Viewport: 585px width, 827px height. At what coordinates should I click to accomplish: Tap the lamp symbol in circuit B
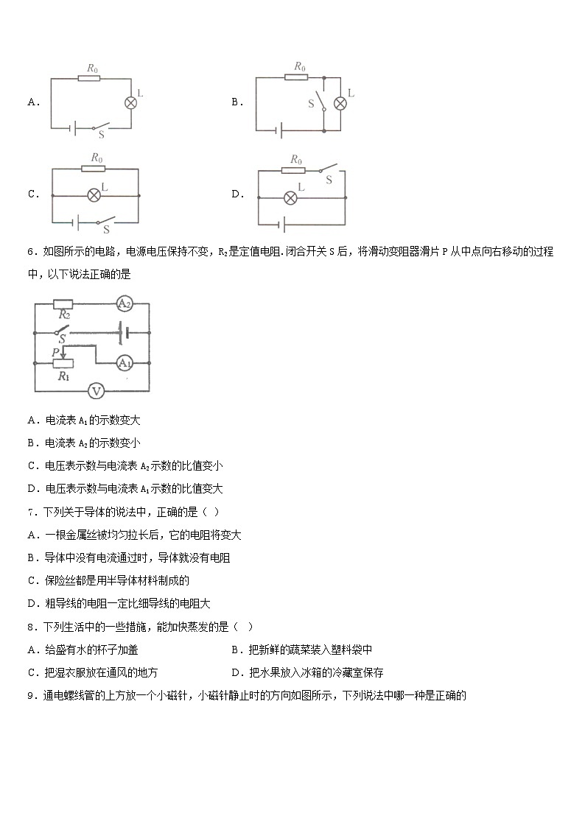click(340, 103)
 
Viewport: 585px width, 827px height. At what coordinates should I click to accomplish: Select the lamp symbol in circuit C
click(94, 195)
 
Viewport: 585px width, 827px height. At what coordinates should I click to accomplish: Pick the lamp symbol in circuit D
click(290, 197)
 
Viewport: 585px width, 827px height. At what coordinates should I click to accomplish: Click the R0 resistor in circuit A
click(90, 77)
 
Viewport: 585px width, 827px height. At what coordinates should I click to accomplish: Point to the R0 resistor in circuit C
click(94, 168)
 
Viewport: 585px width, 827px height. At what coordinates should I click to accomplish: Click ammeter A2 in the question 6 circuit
click(124, 303)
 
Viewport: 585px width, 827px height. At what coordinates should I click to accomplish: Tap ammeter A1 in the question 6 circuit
click(124, 362)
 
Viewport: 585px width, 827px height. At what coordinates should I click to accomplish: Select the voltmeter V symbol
click(96, 391)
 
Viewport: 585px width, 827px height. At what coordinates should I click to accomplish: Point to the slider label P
click(55, 353)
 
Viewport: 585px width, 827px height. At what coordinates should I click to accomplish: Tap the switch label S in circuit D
click(329, 180)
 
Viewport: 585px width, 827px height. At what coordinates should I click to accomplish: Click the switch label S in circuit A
click(101, 134)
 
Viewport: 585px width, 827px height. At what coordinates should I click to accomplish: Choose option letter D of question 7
click(31, 604)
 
